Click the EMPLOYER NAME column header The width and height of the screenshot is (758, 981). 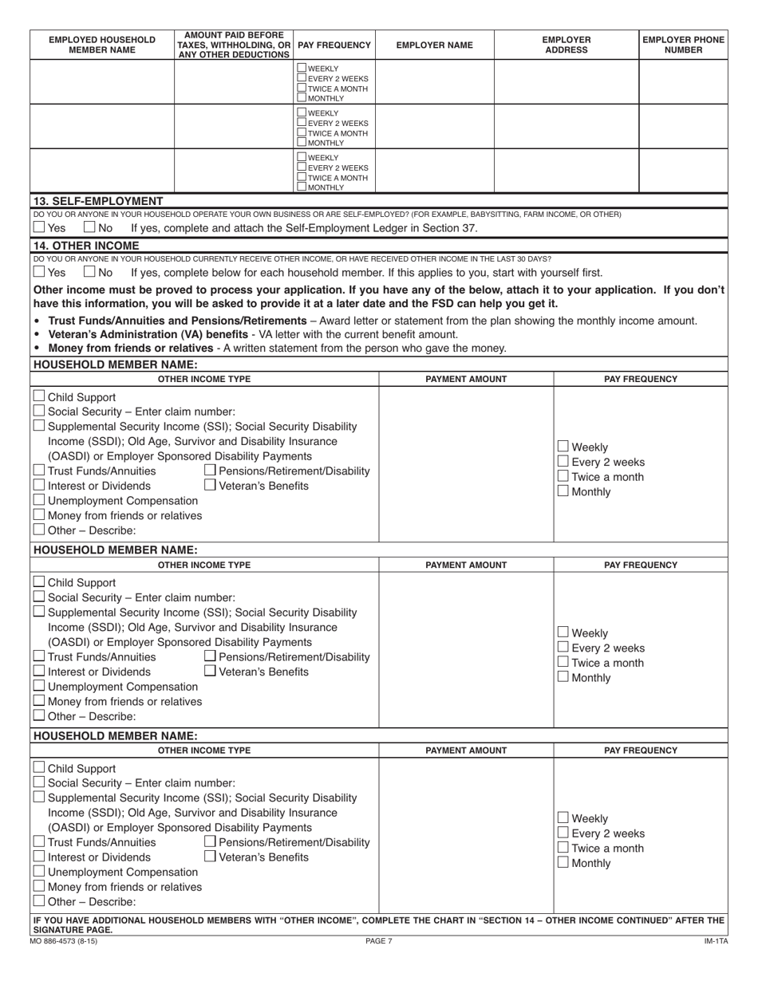434,45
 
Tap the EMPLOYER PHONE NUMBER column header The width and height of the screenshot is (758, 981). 683,45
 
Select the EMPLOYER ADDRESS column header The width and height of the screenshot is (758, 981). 567,45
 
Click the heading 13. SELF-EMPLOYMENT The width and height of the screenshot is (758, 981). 97,201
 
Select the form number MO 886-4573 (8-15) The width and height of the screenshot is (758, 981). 70,941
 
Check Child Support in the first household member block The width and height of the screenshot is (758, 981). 39,396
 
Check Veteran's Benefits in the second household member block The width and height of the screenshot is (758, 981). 211,672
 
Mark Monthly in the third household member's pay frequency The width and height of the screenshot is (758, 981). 563,862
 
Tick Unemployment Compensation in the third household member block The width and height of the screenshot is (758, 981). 39,872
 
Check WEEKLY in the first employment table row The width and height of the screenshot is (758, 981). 302,69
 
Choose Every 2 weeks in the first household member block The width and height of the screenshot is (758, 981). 563,462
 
